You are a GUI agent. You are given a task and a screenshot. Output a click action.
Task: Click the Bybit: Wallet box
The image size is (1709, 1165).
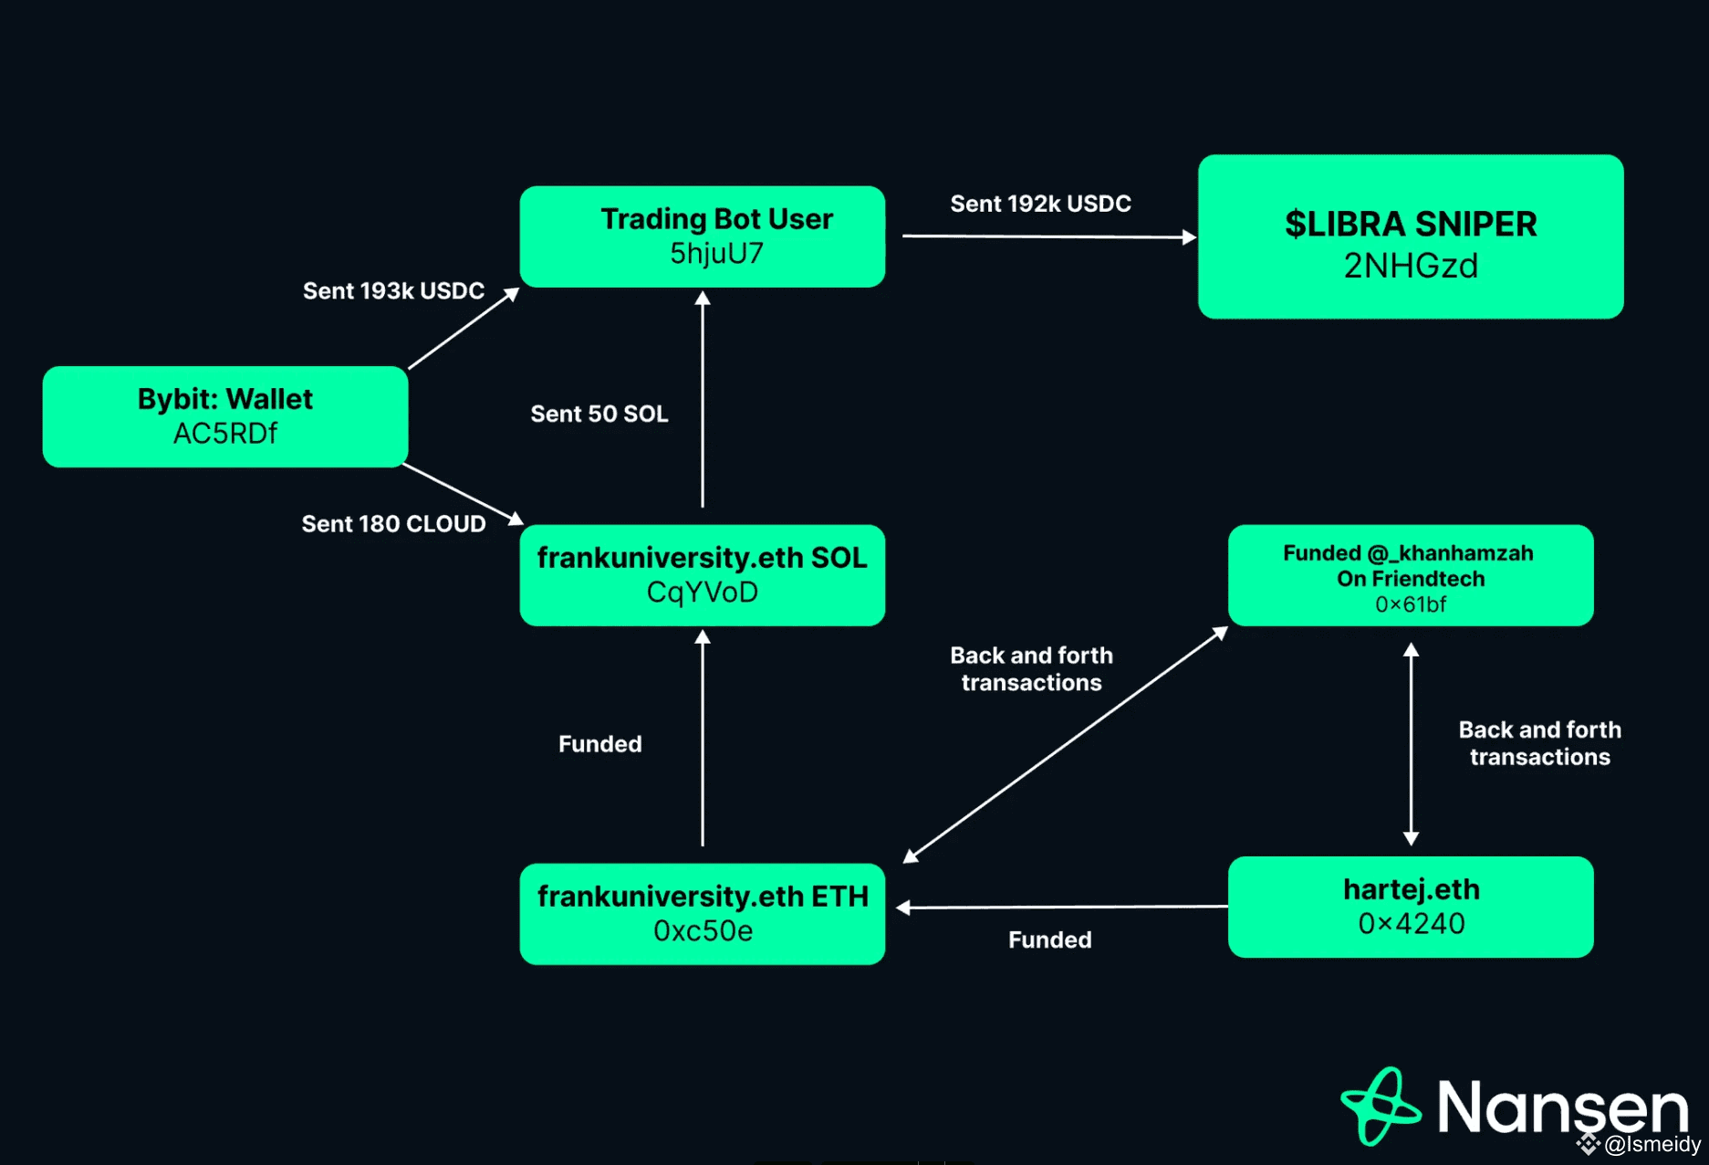225,416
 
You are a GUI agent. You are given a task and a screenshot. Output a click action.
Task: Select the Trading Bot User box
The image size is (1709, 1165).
703,236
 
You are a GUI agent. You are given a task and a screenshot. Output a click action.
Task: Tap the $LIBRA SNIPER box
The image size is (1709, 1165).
1411,236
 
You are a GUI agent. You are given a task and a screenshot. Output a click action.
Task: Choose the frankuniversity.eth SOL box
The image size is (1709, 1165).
703,575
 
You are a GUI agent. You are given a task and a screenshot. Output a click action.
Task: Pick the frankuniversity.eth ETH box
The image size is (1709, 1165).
703,914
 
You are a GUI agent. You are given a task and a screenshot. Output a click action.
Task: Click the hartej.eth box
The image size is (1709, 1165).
1411,907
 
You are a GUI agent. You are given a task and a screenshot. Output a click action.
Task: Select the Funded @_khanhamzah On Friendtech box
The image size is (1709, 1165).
1411,575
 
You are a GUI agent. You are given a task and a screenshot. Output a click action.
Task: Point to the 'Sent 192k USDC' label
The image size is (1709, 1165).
1040,204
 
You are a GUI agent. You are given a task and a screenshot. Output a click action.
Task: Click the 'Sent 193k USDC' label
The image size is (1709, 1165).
393,290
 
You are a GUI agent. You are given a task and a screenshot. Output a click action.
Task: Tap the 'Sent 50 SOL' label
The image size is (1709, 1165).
599,414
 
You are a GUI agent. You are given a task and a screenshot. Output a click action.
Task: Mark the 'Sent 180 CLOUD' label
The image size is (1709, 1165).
393,523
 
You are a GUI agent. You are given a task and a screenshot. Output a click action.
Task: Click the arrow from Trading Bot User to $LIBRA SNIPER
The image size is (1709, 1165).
1049,236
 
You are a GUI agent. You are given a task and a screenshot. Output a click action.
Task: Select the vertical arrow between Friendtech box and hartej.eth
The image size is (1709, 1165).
1411,744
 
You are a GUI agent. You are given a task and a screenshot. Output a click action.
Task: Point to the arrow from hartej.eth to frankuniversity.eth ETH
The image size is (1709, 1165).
1062,907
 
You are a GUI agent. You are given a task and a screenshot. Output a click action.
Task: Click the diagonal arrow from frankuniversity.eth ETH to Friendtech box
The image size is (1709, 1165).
1066,744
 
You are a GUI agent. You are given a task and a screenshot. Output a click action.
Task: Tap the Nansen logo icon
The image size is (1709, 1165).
1380,1106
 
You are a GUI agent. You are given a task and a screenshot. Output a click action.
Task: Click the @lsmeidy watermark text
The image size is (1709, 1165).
1652,1144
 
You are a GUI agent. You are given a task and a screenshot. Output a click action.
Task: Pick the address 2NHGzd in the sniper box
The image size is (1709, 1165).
1411,266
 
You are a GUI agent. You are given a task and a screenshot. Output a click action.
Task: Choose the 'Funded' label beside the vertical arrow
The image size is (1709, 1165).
599,744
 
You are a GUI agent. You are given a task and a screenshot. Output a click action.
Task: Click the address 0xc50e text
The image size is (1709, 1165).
703,931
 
